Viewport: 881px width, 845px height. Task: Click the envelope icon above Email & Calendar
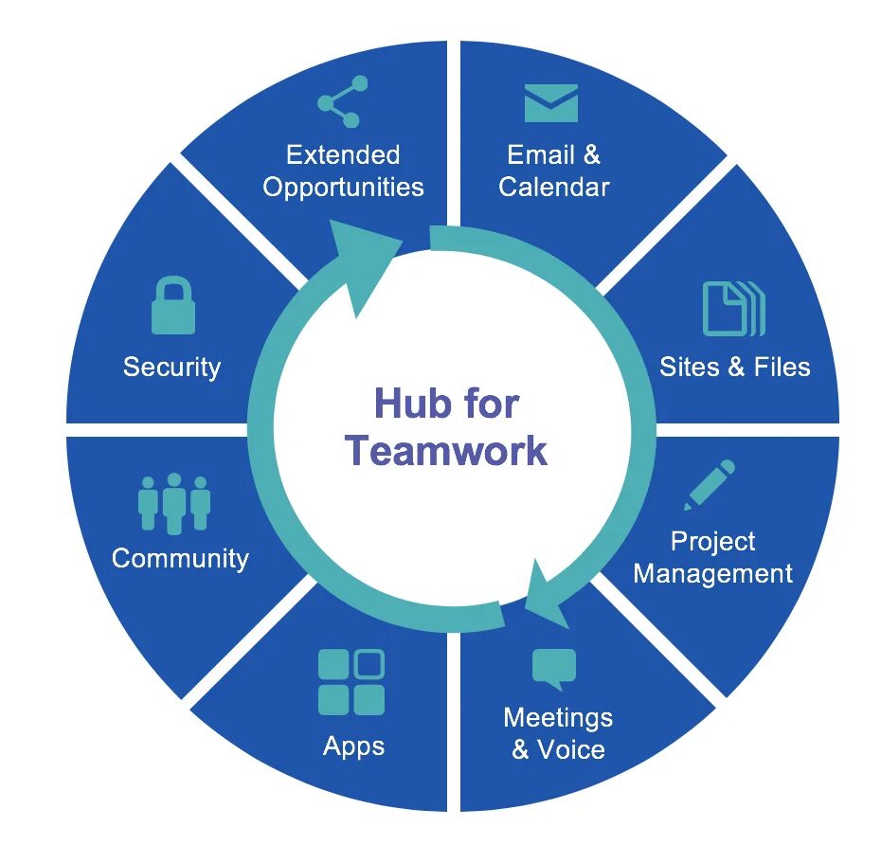[551, 103]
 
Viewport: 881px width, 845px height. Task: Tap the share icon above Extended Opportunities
[342, 101]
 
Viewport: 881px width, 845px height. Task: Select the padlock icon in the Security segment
[173, 306]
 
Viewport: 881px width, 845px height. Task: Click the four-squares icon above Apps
[351, 682]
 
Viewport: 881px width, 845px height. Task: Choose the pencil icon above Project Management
[710, 484]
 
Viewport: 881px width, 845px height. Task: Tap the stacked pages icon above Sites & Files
[733, 309]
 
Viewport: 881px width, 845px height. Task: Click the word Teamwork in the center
[446, 450]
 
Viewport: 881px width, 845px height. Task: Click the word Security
[171, 367]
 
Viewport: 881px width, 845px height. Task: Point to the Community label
[180, 558]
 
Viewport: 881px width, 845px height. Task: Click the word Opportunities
[343, 187]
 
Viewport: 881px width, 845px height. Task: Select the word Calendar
[554, 187]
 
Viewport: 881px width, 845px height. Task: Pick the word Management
[712, 573]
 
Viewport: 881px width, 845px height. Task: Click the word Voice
[571, 750]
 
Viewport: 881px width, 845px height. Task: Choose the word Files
[782, 367]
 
